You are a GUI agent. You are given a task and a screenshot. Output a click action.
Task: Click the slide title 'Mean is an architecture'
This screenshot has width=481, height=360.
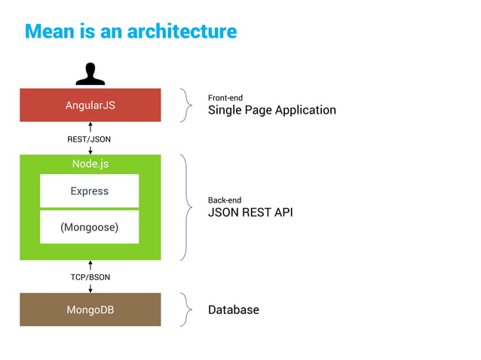130,32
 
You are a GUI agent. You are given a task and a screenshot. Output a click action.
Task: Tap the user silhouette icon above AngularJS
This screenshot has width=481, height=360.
90,74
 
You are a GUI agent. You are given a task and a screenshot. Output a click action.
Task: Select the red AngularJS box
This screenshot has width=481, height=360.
90,105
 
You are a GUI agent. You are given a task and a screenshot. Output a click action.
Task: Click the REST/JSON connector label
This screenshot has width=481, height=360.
90,139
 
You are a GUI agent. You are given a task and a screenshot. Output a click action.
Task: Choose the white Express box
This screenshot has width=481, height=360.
90,191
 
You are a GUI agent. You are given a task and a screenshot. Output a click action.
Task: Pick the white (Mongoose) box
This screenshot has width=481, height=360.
90,227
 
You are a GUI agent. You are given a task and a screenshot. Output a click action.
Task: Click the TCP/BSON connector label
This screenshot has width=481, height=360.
90,277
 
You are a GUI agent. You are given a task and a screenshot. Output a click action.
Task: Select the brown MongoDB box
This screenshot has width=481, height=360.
90,310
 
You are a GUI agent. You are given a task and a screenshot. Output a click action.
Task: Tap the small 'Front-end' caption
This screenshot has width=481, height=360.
225,98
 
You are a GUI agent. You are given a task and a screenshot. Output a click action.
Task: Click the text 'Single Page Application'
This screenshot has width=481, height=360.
271,111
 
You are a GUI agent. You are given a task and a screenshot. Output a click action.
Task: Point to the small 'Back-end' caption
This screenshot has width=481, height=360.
225,200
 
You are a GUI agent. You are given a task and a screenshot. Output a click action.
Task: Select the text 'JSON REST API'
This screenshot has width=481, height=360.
250,213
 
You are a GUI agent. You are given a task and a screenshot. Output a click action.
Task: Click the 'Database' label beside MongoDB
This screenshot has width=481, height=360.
233,310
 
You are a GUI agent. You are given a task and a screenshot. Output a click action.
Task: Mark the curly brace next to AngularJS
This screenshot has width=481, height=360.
187,105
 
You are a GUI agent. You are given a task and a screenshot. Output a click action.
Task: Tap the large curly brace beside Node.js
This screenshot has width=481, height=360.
187,207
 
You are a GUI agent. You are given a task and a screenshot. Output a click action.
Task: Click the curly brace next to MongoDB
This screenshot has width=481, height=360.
187,310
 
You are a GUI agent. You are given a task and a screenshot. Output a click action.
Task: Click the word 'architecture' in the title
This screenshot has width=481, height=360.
182,32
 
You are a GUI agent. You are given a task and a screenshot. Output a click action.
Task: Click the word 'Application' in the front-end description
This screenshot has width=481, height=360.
305,111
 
